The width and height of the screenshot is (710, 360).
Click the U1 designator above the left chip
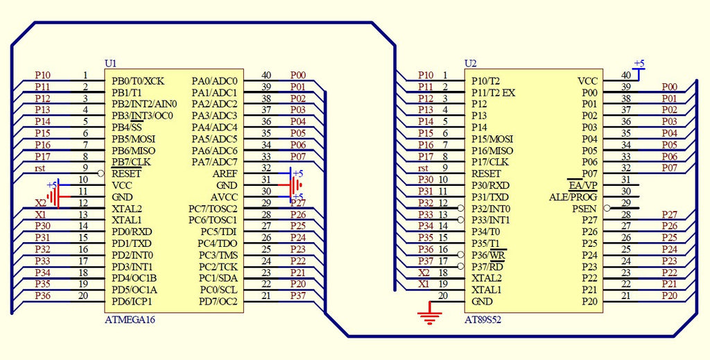tap(110, 63)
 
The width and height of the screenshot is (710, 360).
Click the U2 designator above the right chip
tap(470, 63)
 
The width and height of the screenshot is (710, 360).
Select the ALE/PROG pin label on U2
tap(573, 197)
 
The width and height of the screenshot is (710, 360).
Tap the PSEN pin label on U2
tap(584, 208)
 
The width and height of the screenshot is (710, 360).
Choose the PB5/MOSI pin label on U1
tap(133, 139)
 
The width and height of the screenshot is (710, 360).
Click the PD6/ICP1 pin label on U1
tap(132, 301)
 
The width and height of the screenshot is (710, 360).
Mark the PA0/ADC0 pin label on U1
tap(214, 81)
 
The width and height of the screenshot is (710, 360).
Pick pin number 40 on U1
tap(266, 75)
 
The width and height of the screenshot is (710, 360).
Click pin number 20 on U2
tap(444, 295)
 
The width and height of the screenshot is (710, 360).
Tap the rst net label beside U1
tap(41, 169)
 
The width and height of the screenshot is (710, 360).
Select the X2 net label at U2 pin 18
tap(424, 273)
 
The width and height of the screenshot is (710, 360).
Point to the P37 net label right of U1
tap(298, 296)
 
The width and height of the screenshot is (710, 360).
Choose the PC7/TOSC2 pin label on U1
tap(213, 208)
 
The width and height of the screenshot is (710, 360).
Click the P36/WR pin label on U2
tap(489, 255)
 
